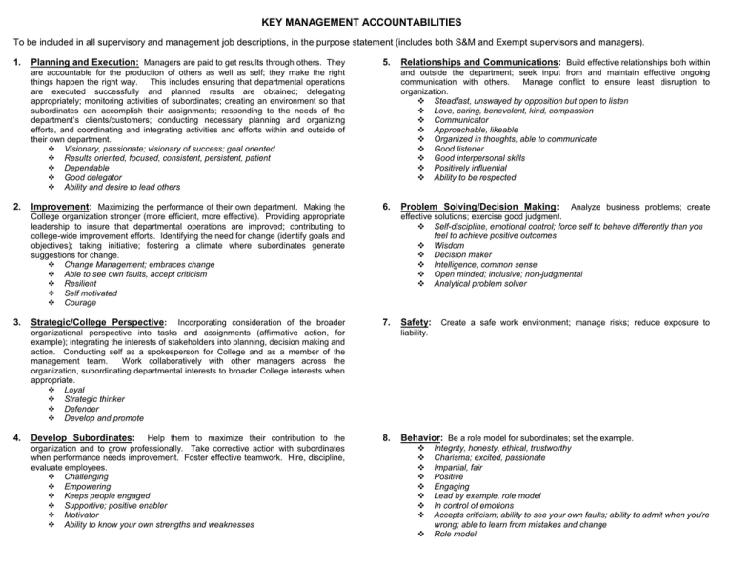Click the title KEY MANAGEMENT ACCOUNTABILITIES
(366, 18)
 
